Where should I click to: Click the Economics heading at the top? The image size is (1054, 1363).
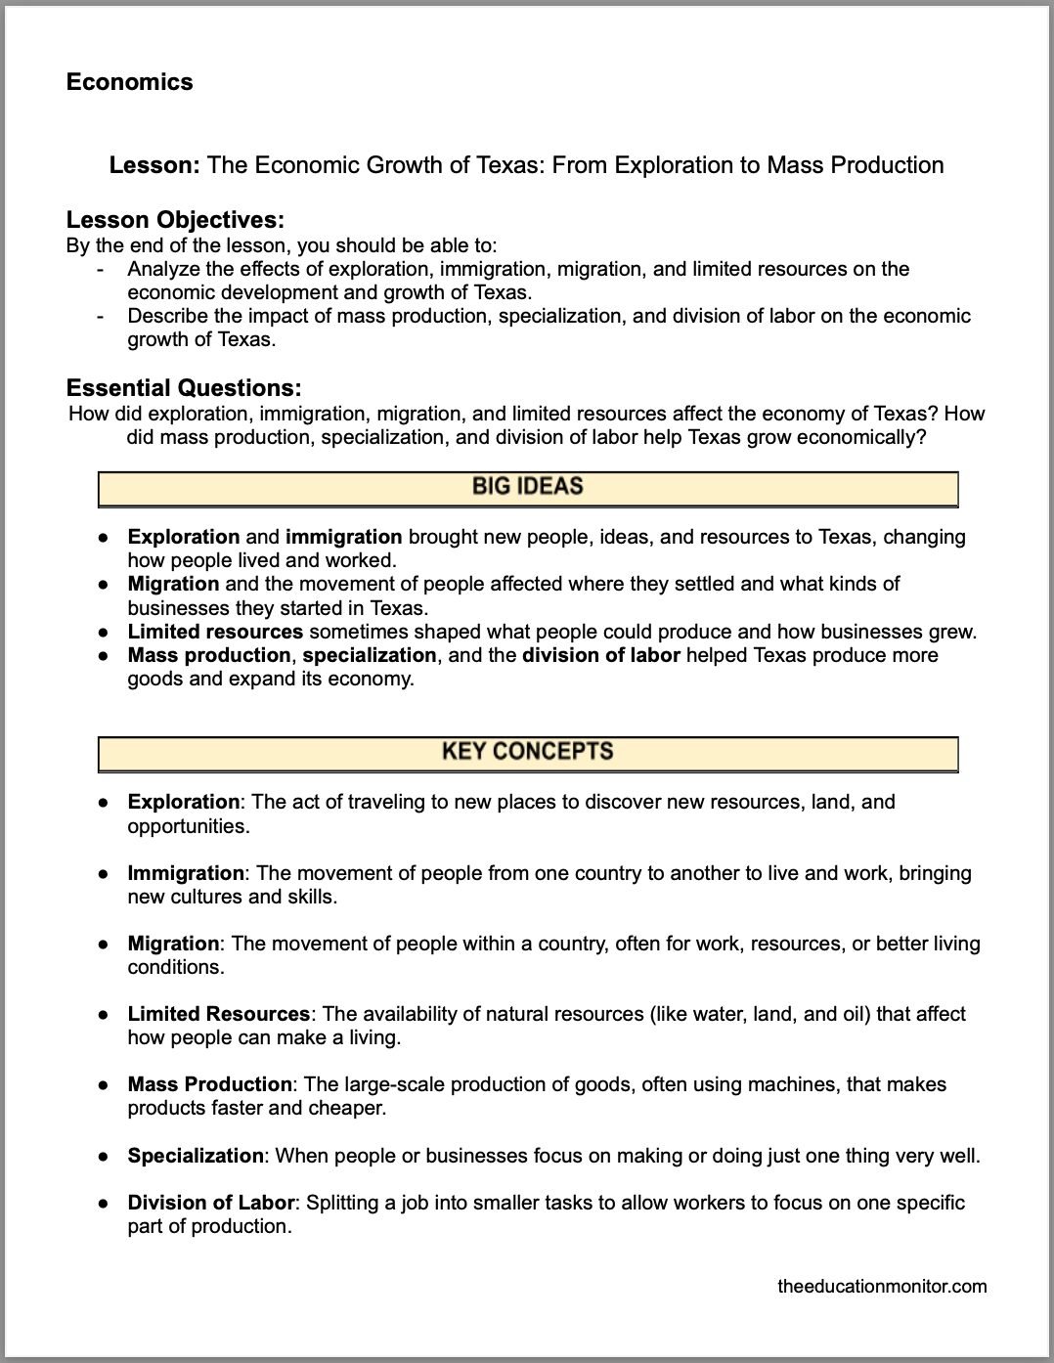coord(129,82)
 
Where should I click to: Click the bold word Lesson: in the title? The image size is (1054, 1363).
coord(154,165)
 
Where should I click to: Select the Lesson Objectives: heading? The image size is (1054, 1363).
coord(175,220)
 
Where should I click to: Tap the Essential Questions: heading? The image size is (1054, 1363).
coord(184,388)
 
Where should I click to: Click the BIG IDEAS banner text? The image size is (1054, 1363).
coord(527,487)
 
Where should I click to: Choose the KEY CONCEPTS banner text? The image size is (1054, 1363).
coord(527,752)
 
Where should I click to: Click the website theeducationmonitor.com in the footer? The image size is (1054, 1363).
coord(882,1287)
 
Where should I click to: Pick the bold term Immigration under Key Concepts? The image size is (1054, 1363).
coord(186,873)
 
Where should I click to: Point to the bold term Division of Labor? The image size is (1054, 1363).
coord(212,1203)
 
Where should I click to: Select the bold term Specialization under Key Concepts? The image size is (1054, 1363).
coord(196,1156)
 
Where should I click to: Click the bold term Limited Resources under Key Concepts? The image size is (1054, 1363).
coord(218,1014)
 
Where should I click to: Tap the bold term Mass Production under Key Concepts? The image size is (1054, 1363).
coord(209,1084)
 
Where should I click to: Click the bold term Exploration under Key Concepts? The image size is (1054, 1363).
coord(183,802)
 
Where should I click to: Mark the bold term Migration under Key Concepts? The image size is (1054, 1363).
coord(173,944)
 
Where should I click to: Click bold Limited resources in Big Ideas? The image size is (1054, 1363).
coord(215,632)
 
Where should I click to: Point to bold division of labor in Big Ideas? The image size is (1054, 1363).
coord(600,655)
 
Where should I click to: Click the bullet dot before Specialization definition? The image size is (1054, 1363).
coord(103,1156)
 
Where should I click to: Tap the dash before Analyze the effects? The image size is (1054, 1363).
coord(100,269)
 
